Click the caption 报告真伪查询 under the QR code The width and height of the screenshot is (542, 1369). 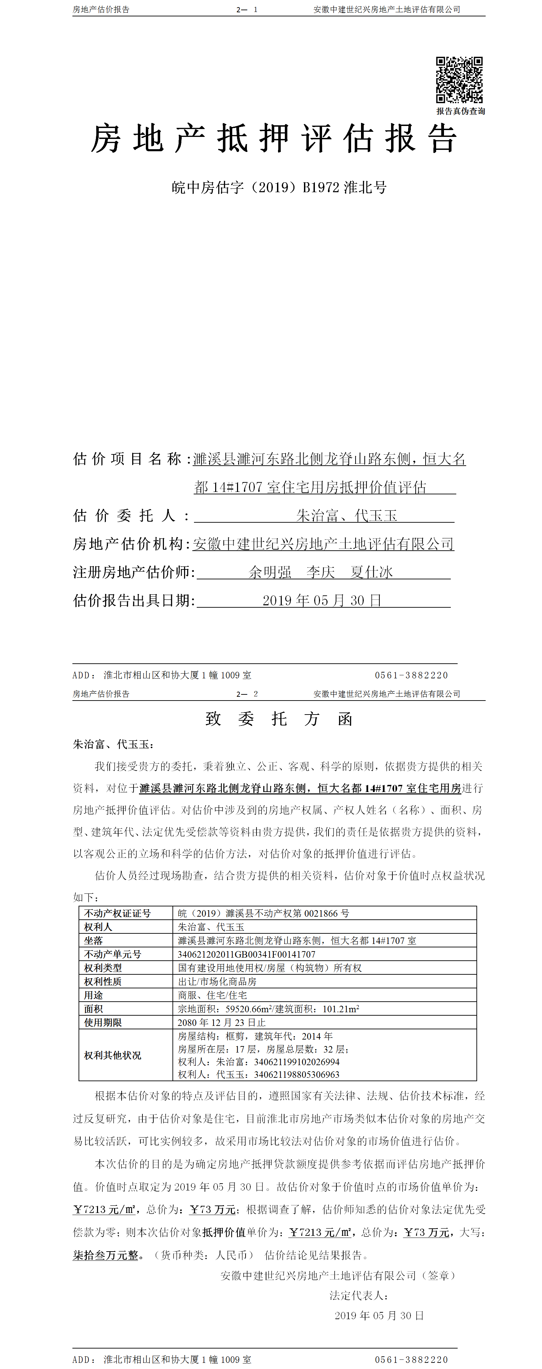point(461,111)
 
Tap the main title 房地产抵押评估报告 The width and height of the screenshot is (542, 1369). point(274,139)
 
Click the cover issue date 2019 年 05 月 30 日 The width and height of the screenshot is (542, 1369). point(322,601)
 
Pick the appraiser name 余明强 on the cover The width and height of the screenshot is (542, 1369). point(270,573)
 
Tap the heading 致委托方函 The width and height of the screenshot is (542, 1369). point(279,719)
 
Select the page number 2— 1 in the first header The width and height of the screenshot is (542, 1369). point(247,10)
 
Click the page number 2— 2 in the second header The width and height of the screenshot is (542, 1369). point(247,694)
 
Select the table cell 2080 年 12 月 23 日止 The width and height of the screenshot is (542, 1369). point(221,1022)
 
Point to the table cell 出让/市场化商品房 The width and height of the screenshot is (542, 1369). point(217,982)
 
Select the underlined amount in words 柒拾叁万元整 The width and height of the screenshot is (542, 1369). point(105,1255)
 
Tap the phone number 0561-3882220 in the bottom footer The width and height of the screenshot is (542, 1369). point(411,1359)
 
